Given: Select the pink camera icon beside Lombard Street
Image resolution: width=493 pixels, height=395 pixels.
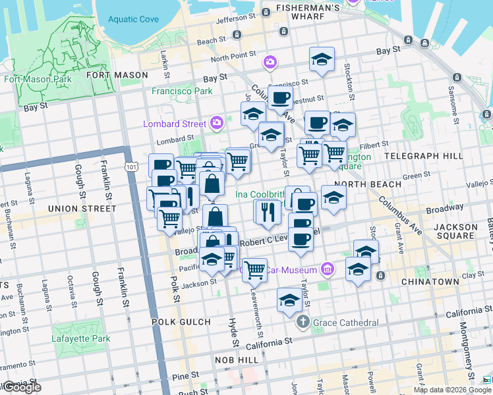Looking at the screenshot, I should coord(217,122).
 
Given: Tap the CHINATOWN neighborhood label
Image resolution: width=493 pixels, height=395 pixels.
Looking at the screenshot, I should coord(429,281).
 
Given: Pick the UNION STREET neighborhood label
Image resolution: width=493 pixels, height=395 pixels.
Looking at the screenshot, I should coord(82,209).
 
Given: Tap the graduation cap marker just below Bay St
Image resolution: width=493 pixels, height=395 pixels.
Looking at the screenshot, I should coord(322,60).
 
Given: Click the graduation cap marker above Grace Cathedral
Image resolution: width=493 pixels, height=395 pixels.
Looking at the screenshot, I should coord(289,300).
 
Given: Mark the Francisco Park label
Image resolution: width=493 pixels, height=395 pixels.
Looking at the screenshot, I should coord(182,91).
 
